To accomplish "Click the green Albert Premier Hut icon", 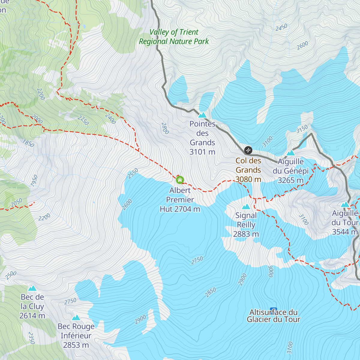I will pos(180,180).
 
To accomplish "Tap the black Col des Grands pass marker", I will pos(248,150).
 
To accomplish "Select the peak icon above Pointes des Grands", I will pos(202,115).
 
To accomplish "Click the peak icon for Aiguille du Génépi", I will pos(290,153).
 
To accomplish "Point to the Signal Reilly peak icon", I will pos(246,206).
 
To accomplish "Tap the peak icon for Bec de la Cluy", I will pos(32,288).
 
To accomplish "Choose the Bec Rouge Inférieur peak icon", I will pos(76,317).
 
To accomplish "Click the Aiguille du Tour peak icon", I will pos(345,205).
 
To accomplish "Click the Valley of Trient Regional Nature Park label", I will pos(174,37).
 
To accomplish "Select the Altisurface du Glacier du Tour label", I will pos(273,316).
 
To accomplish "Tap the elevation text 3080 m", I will pos(248,179).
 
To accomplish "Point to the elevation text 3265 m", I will pos(290,180).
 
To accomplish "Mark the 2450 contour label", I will pos(281,27).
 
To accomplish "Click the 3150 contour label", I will pos(302,129).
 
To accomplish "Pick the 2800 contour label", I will pos(165,128).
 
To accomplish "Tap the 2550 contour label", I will pos(133,173).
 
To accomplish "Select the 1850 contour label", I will pos(28,143).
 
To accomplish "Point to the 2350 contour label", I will pos(31,338).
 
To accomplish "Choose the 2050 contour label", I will pos(16,203).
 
